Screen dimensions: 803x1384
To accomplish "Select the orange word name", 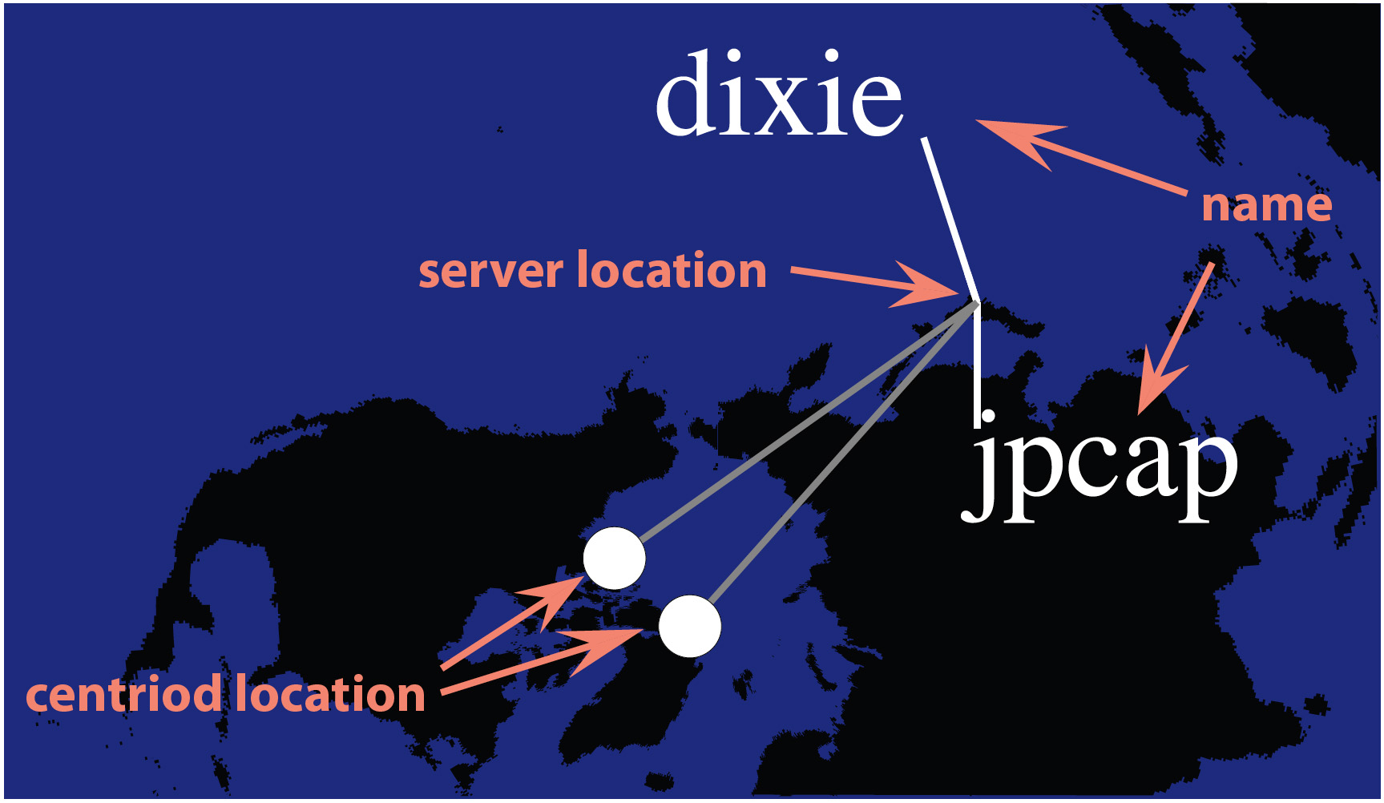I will [1266, 205].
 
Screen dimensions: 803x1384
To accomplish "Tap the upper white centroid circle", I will [614, 559].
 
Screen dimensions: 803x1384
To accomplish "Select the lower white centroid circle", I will [689, 626].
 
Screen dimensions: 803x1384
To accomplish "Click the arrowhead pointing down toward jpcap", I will [1158, 385].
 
